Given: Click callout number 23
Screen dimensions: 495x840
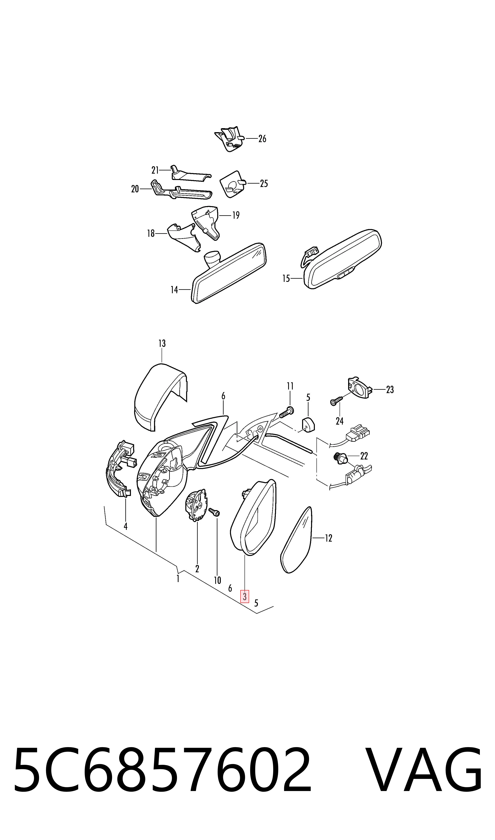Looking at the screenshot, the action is tap(390, 390).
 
